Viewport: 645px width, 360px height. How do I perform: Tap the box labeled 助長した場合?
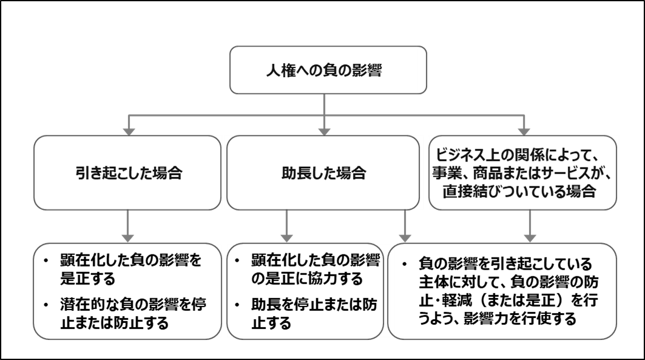323,173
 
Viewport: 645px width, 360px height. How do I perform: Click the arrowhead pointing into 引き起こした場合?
127,130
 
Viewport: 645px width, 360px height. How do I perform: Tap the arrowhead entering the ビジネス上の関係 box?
522,130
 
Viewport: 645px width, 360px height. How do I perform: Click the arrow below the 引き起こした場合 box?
127,226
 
